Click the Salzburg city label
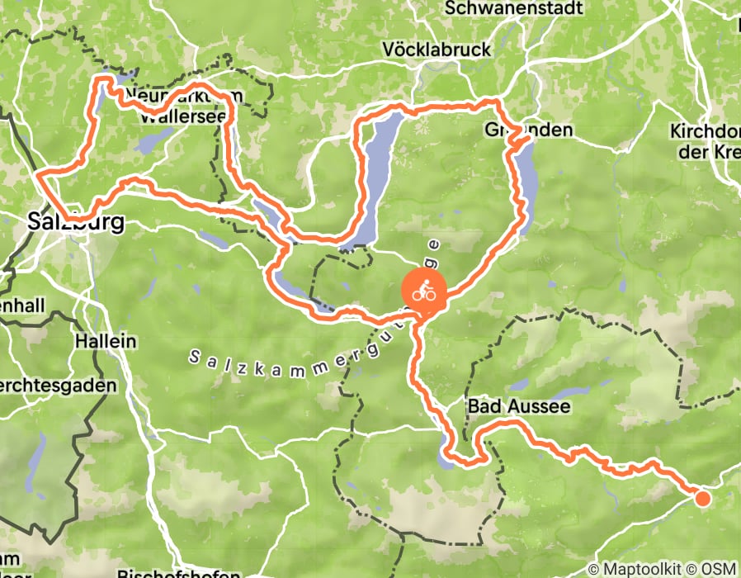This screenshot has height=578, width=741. (76, 222)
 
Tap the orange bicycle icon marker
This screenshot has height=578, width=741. (423, 291)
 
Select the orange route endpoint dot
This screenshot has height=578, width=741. (702, 497)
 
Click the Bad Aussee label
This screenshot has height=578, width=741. (518, 407)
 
